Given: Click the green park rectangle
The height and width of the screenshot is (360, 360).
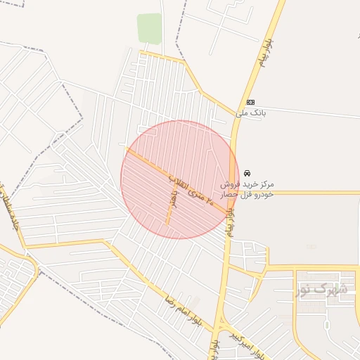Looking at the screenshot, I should coord(149,29).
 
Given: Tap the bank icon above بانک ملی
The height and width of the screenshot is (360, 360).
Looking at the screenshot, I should coord(252,102).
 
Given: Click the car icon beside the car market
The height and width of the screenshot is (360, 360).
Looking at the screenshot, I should coord(247,173).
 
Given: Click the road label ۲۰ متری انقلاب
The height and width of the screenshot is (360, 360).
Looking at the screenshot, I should coord(193,189).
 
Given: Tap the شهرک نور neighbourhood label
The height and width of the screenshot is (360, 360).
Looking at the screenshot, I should coord(321,289).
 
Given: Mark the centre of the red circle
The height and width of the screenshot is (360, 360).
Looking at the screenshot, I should coord(180,179).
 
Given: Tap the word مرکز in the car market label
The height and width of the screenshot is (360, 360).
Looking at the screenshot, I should coord(266,184).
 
